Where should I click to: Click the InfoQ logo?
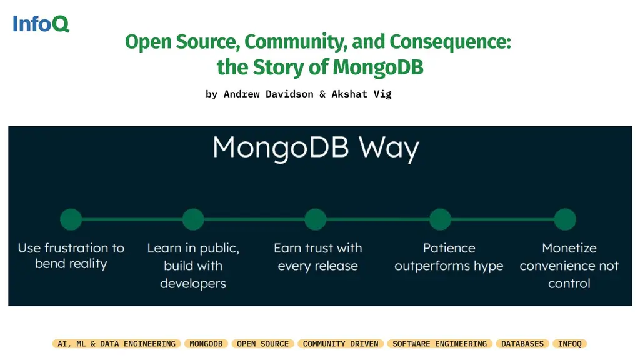[x=41, y=24]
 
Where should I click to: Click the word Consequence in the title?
[x=450, y=42]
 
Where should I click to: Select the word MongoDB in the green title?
[x=378, y=66]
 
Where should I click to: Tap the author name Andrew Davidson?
[x=269, y=94]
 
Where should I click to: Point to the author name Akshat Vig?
[x=361, y=94]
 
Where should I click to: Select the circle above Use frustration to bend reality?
[x=71, y=219]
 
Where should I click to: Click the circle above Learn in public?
[x=193, y=219]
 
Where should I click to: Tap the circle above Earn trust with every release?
[x=316, y=219]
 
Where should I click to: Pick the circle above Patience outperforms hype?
[x=441, y=219]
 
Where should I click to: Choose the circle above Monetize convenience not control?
[x=565, y=219]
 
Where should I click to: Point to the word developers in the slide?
[x=193, y=284]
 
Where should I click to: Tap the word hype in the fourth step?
[x=488, y=266]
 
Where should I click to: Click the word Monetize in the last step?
[x=569, y=248]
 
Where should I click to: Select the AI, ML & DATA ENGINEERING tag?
[x=116, y=344]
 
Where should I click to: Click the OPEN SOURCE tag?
[x=262, y=344]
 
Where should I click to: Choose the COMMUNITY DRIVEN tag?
[x=341, y=344]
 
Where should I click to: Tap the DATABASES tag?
[x=522, y=344]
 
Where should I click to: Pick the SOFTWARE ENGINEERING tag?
[x=439, y=344]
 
